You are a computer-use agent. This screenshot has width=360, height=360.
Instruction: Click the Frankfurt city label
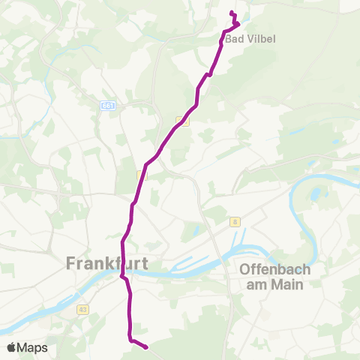point(107,263)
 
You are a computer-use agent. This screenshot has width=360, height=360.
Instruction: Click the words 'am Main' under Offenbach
point(275,283)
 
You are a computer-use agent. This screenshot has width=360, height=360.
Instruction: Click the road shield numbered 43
point(82,308)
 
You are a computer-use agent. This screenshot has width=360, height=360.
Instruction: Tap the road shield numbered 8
point(235,221)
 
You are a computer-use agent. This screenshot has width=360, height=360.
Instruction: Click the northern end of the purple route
point(232,13)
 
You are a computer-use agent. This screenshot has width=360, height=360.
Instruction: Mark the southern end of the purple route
point(145,347)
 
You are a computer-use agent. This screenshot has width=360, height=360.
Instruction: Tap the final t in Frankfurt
point(144,263)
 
